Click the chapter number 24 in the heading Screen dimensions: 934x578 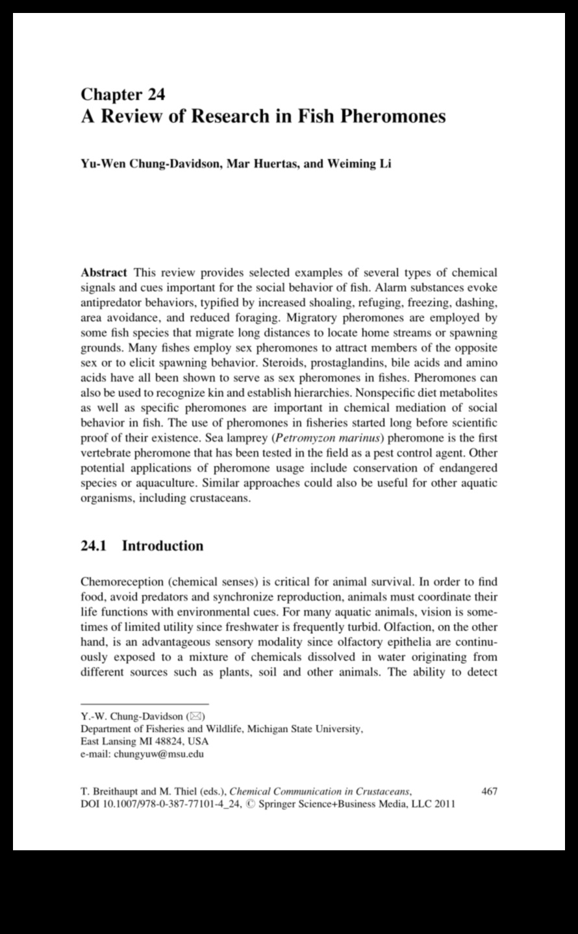[157, 95]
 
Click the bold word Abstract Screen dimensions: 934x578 [103, 273]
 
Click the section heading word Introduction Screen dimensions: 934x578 [162, 546]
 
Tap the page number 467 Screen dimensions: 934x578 [489, 792]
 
